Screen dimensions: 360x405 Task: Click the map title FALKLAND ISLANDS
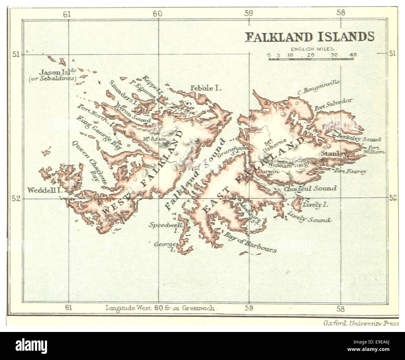(310, 37)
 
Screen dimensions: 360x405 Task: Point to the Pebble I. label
(206, 88)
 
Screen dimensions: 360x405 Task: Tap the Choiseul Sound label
(310, 188)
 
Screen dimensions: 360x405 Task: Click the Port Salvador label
(333, 105)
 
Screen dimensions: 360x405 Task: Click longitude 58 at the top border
(341, 13)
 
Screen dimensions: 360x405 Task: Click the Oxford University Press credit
(361, 323)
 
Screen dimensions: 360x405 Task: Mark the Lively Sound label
(309, 217)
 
